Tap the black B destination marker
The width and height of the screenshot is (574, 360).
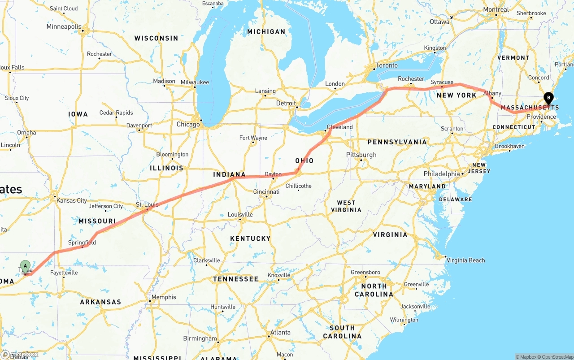[548, 97]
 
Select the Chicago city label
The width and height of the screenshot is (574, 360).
[188, 124]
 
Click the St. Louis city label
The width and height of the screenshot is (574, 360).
[147, 205]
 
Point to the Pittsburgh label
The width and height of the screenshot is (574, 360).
[361, 155]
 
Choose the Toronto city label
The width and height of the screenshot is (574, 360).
[387, 65]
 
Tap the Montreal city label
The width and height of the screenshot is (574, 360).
[496, 10]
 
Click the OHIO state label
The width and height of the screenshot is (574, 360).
[304, 161]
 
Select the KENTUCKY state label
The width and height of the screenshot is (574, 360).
[250, 239]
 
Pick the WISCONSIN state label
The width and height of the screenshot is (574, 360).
[156, 39]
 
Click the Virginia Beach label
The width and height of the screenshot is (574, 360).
[466, 260]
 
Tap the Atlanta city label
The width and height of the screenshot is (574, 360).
[280, 333]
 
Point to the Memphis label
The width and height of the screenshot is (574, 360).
[164, 297]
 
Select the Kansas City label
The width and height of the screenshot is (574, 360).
[72, 200]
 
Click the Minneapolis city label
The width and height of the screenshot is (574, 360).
[64, 27]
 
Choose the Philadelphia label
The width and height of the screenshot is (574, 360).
[442, 174]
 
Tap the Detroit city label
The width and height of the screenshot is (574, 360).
[286, 103]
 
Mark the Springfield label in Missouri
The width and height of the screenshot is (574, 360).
[82, 243]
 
